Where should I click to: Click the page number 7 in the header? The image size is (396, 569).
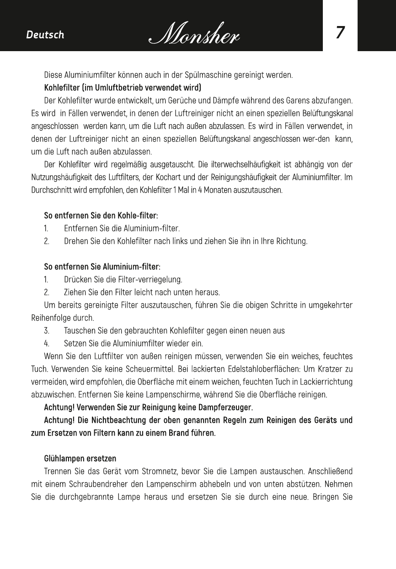[340, 33]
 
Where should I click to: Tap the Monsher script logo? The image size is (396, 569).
[195, 34]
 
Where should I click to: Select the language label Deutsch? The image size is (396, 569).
[45, 35]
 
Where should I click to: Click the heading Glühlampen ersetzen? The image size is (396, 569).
[80, 458]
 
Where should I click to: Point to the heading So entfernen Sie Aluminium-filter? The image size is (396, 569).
[102, 266]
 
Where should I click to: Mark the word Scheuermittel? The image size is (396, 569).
[173, 369]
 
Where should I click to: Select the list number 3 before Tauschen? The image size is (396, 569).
[46, 330]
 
